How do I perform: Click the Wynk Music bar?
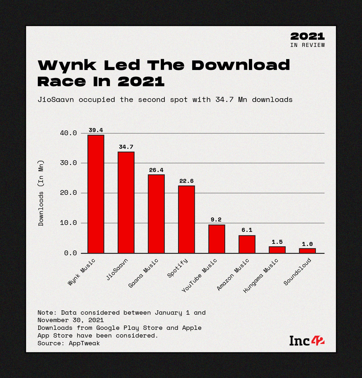pyautogui.click(x=96, y=194)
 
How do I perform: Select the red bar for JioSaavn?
pyautogui.click(x=126, y=202)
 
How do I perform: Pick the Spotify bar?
pyautogui.click(x=186, y=219)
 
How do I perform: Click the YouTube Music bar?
pyautogui.click(x=217, y=239)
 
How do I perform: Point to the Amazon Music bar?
pyautogui.click(x=247, y=244)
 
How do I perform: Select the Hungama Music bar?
pyautogui.click(x=277, y=250)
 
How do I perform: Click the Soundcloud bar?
pyautogui.click(x=307, y=250)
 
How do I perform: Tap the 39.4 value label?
pyautogui.click(x=96, y=130)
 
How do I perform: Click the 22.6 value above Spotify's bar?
pyautogui.click(x=186, y=181)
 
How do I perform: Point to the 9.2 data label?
pyautogui.click(x=216, y=220)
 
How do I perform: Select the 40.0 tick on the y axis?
pyautogui.click(x=68, y=133)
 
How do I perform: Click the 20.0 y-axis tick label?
pyautogui.click(x=68, y=193)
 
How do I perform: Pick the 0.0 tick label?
pyautogui.click(x=71, y=253)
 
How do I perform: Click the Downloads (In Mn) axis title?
pyautogui.click(x=41, y=193)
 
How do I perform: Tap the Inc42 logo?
pyautogui.click(x=307, y=341)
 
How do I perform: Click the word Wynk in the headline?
pyautogui.click(x=67, y=65)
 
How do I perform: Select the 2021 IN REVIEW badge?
pyautogui.click(x=307, y=40)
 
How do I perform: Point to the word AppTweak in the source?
pyautogui.click(x=84, y=343)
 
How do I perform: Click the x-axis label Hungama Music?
pyautogui.click(x=261, y=276)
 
